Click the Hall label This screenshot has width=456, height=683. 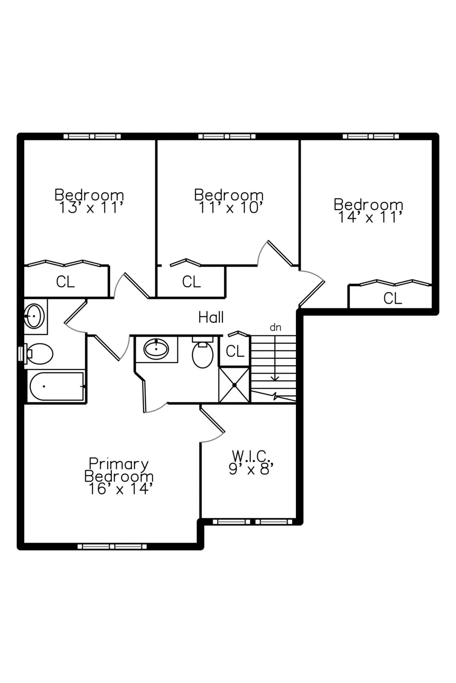pyautogui.click(x=211, y=317)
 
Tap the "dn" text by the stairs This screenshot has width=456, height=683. pyautogui.click(x=275, y=328)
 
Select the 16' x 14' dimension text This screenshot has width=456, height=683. pyautogui.click(x=119, y=489)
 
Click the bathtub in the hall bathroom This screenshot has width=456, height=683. pyautogui.click(x=57, y=386)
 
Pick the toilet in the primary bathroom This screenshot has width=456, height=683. pyautogui.click(x=202, y=352)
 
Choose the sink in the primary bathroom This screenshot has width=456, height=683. pyautogui.click(x=156, y=349)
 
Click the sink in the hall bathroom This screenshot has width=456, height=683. pyautogui.click(x=35, y=316)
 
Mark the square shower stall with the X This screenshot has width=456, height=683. pyautogui.click(x=234, y=385)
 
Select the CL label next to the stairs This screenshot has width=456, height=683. pyautogui.click(x=235, y=351)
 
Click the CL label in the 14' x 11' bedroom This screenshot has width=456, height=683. pyautogui.click(x=393, y=298)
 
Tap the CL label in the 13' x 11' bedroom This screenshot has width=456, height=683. pyautogui.click(x=65, y=282)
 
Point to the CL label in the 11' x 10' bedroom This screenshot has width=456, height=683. pyautogui.click(x=192, y=282)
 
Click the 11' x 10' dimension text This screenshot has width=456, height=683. pyautogui.click(x=231, y=208)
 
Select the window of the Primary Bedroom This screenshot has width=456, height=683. pyautogui.click(x=112, y=547)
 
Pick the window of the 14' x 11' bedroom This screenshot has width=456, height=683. pyautogui.click(x=371, y=136)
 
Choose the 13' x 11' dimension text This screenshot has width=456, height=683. pyautogui.click(x=91, y=208)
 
